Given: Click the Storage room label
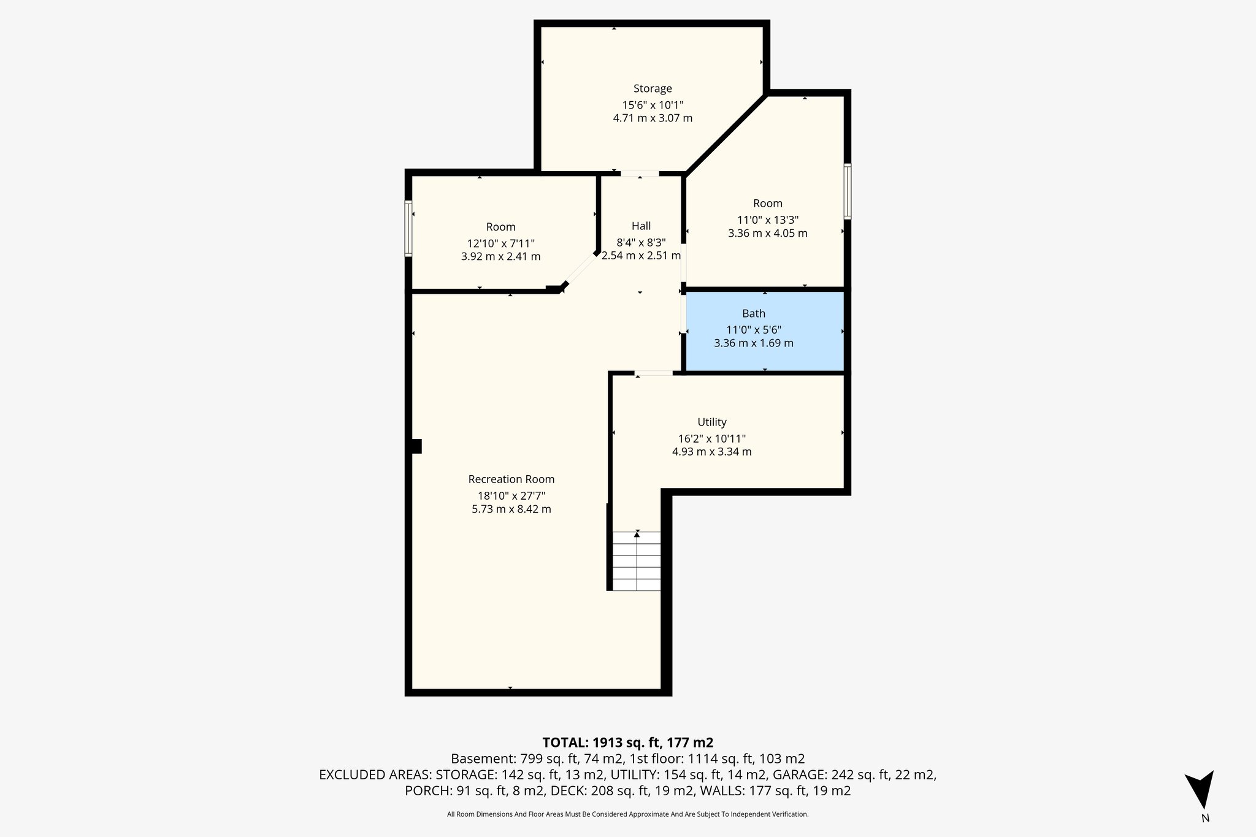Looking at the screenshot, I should click(x=653, y=89).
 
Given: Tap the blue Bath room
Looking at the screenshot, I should click(x=764, y=331).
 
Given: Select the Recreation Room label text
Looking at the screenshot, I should click(x=511, y=480).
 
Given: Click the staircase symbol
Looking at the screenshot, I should click(x=637, y=561).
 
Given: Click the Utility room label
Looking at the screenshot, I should click(x=711, y=422).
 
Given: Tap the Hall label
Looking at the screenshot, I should click(x=641, y=226).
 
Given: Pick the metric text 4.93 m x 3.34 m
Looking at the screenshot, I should click(x=711, y=452).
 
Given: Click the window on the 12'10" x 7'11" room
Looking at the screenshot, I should click(x=408, y=228).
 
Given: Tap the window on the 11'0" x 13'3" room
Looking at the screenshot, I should click(x=847, y=191).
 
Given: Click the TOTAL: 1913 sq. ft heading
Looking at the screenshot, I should click(x=627, y=742).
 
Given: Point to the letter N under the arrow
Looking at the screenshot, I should click(x=1205, y=818).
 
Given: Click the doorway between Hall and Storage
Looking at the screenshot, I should click(x=640, y=174).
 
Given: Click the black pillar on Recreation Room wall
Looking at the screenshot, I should click(x=416, y=446).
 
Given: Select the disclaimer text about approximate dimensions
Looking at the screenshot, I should click(x=627, y=814).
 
